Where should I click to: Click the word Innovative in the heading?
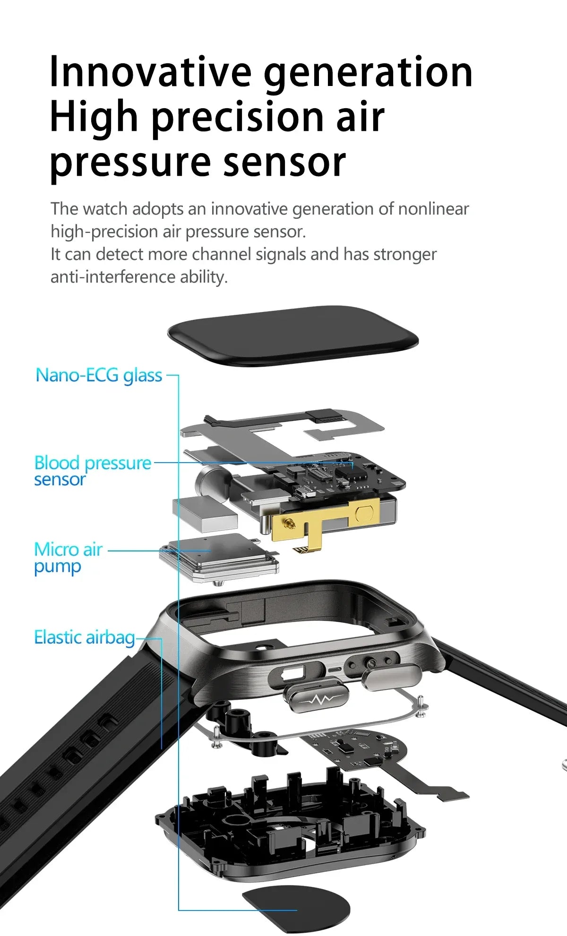pyautogui.click(x=150, y=72)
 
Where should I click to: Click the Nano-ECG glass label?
pyautogui.click(x=99, y=376)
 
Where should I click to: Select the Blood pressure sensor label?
pyautogui.click(x=92, y=471)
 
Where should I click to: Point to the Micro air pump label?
pyautogui.click(x=68, y=558)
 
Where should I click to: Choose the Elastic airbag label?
pyautogui.click(x=84, y=637)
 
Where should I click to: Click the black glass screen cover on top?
pyautogui.click(x=293, y=335)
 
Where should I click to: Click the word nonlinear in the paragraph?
pyautogui.click(x=433, y=209)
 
